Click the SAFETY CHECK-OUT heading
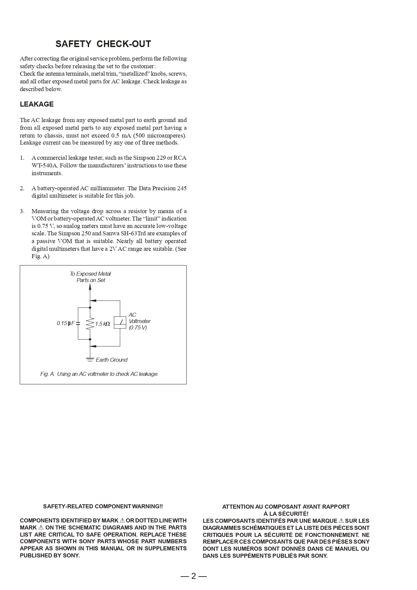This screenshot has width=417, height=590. pos(103,44)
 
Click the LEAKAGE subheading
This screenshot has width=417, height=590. pos(37,104)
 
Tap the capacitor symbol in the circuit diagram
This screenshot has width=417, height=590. pos(78,323)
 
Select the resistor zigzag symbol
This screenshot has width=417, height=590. pos(90,324)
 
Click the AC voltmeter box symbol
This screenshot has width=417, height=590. pos(120,322)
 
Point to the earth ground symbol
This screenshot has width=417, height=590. pos(90,359)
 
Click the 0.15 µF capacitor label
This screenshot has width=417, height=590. pos(66,323)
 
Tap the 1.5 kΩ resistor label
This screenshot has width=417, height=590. pos(103,324)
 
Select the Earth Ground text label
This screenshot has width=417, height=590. pos(111,360)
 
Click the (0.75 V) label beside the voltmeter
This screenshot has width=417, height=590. pos(138,328)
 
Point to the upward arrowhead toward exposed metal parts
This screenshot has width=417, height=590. pos(90,287)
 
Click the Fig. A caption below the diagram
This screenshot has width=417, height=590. pos(99,374)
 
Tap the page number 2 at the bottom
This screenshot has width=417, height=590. pos(193,576)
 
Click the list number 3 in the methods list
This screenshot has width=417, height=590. pos(22,211)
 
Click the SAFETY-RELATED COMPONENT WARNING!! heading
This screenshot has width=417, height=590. pos(103,506)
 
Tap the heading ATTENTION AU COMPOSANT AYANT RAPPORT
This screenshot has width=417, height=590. pos(286,507)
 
